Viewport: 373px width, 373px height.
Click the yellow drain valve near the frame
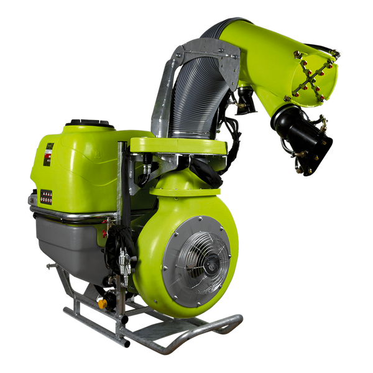point(102,303)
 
